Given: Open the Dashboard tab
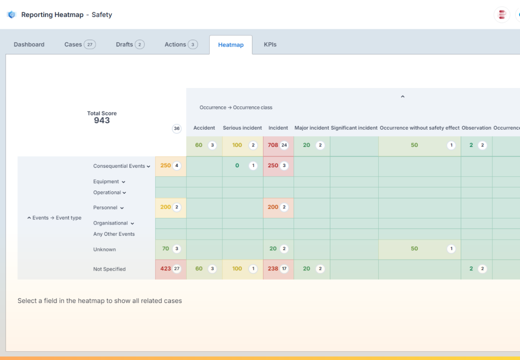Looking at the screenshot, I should [x=29, y=44].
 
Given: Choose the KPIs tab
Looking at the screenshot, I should [x=270, y=44].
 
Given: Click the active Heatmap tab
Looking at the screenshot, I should [x=231, y=45].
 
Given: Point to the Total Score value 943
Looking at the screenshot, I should [x=102, y=121].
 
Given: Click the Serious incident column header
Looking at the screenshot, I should [x=242, y=128].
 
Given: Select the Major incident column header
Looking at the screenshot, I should [x=311, y=128].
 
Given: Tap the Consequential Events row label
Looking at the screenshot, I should [x=119, y=166].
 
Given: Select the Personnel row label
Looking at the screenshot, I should [x=105, y=208].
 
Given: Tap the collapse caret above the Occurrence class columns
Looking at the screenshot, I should [x=403, y=97].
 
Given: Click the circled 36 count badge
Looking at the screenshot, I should [x=177, y=128].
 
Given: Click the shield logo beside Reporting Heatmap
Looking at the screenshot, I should [x=12, y=15].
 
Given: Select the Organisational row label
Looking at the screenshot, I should [x=111, y=223].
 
